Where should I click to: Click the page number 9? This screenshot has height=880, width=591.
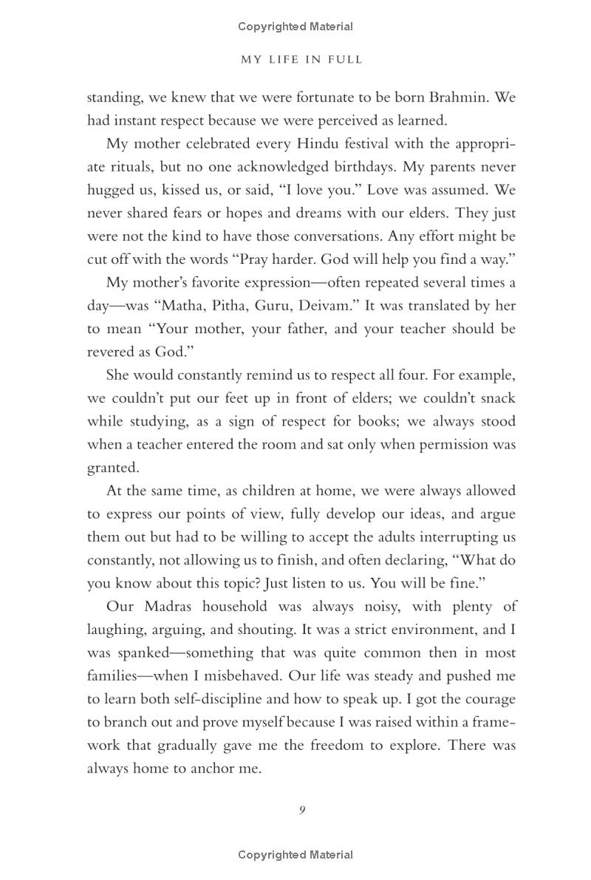click(302, 810)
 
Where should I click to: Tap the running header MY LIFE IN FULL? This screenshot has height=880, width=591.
click(302, 60)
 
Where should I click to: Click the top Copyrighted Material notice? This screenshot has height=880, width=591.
click(295, 27)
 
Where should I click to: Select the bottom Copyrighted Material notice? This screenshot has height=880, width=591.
click(295, 855)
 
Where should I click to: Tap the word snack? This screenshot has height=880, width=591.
click(496, 398)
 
